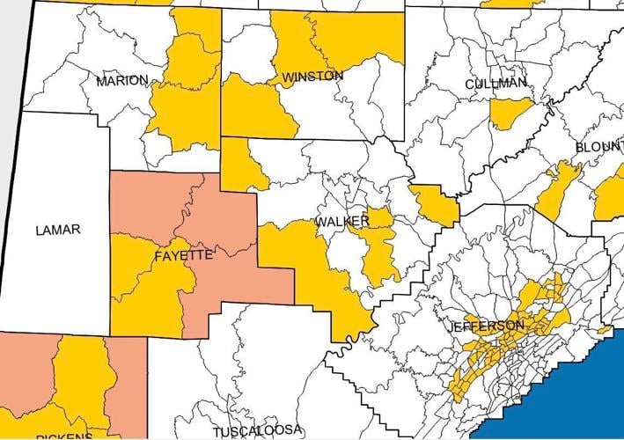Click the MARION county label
[x=122, y=80]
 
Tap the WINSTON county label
[x=312, y=77]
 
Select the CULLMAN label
[x=496, y=84]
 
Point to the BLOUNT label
[x=598, y=146]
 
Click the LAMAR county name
[x=58, y=231]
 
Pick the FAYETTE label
[x=183, y=255]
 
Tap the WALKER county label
[x=342, y=220]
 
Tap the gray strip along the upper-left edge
[x=11, y=53]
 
